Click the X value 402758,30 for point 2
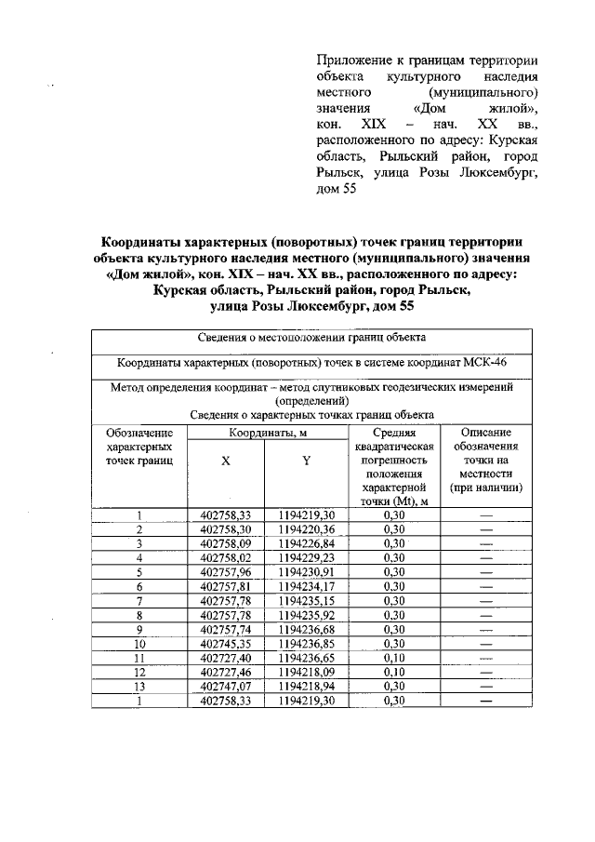(x=226, y=528)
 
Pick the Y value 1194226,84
(x=306, y=542)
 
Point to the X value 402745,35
(x=226, y=642)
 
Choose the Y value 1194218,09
(x=306, y=671)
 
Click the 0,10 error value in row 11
(x=395, y=657)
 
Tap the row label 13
(x=139, y=685)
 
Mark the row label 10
(x=139, y=642)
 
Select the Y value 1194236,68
(x=306, y=628)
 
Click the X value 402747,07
(x=226, y=685)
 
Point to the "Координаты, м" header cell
(x=268, y=433)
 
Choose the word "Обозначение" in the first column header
(x=139, y=434)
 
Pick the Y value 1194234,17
(x=306, y=585)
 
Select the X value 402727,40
(x=226, y=657)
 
